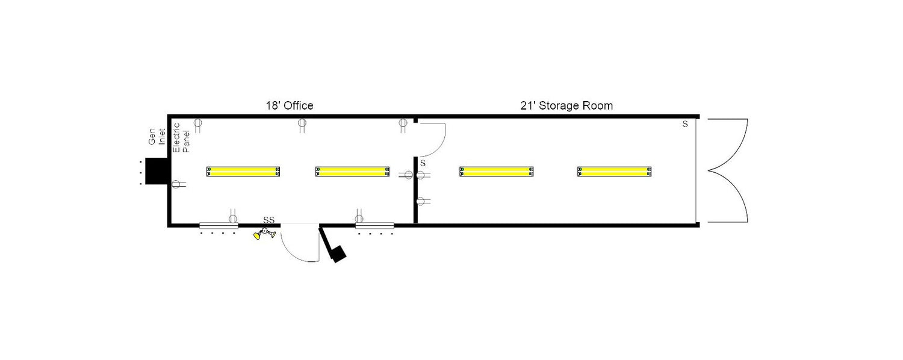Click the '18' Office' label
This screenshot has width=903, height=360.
pos(290,105)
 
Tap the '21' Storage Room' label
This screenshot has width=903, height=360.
pos(566,105)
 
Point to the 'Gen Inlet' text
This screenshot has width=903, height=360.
pos(157,137)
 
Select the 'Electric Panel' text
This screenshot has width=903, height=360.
pos(181,137)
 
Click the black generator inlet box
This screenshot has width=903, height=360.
pos(157,171)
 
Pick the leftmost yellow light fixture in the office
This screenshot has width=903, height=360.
pos(243,172)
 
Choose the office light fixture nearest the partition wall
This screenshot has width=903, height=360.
pos(352,172)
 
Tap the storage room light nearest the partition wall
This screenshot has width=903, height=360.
pos(496,172)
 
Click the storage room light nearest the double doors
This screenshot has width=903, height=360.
pos(615,172)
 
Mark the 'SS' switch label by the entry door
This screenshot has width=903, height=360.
pos(269,220)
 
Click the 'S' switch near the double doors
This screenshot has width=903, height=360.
pos(685,124)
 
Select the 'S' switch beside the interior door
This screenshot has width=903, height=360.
pos(423,163)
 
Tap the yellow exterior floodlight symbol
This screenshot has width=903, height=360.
pos(264,234)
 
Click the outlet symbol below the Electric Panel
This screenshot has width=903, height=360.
pos(178,184)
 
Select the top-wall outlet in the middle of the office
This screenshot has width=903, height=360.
pos(302,125)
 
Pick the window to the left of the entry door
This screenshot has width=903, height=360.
pos(219,225)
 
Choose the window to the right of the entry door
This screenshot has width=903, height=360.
pos(374,225)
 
